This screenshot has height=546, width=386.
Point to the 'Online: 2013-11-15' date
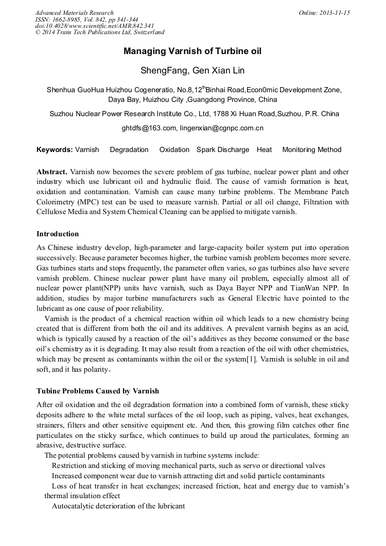point(325,13)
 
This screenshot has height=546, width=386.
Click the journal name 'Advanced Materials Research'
point(74,13)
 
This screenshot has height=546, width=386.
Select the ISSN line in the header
point(87,19)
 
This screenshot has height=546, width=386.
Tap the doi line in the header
point(95,26)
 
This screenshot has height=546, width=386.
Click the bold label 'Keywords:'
point(54,150)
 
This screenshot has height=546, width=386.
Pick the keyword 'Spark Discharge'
point(223,150)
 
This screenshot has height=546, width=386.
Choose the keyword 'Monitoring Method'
point(311,150)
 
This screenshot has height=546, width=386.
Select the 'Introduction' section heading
point(58,234)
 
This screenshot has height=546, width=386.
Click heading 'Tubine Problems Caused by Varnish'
point(98,391)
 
